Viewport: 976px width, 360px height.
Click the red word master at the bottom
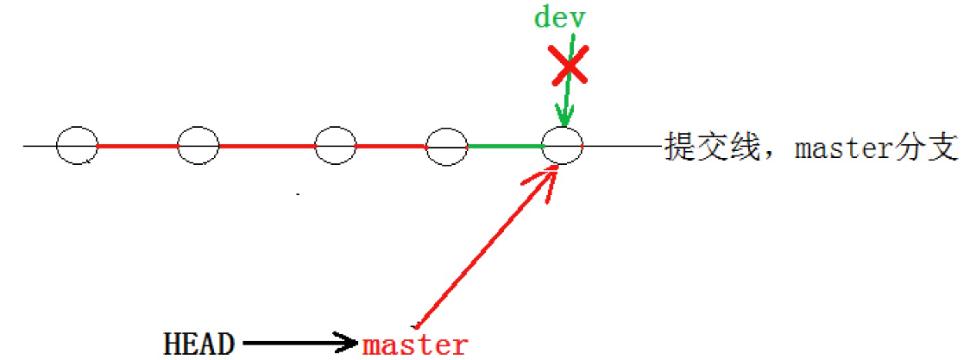415,344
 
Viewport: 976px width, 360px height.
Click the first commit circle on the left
78,146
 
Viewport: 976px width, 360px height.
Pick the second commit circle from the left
198,146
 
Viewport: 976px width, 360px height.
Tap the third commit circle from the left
336,146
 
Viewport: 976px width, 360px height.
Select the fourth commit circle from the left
447,146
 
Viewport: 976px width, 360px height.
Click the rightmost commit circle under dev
562,146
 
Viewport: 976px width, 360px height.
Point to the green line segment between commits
505,147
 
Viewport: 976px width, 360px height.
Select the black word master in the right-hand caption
841,148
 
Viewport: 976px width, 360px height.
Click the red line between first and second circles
138,147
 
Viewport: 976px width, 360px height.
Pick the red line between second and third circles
267,147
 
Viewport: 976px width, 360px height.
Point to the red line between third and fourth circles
391,147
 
